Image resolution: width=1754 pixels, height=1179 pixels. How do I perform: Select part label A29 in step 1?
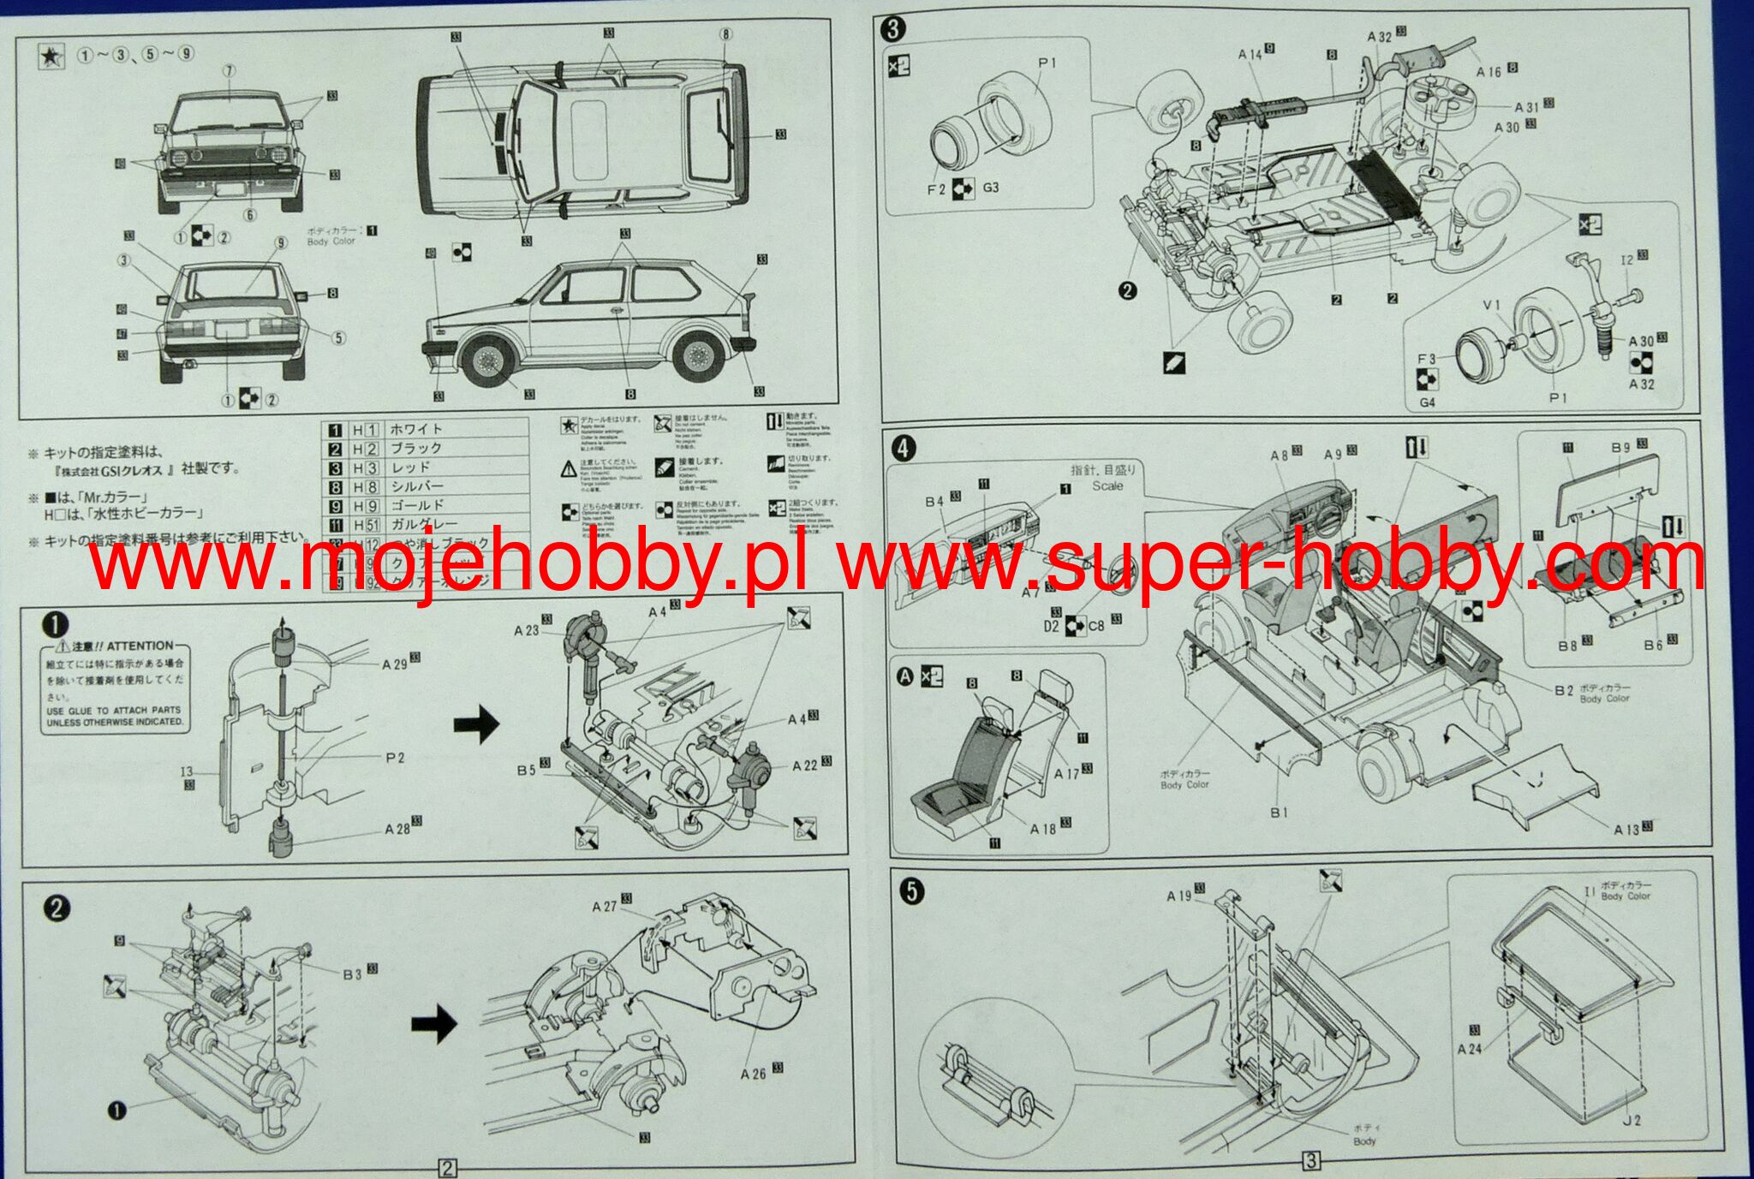click(395, 664)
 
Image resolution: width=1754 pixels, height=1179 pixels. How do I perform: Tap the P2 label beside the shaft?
click(395, 757)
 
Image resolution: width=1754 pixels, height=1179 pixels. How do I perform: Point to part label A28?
click(397, 828)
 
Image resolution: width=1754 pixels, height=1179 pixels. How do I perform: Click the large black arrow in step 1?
click(476, 724)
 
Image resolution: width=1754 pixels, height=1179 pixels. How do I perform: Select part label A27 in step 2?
click(605, 907)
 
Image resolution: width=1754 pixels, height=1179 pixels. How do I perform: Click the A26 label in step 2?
click(754, 1073)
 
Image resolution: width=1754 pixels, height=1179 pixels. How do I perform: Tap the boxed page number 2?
click(447, 1168)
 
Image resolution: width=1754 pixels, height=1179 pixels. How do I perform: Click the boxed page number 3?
click(1310, 1161)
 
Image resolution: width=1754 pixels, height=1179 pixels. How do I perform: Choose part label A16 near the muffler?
click(1489, 72)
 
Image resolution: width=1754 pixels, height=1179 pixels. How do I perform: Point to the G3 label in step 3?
click(991, 187)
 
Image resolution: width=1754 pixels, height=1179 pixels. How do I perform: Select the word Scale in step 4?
click(1107, 485)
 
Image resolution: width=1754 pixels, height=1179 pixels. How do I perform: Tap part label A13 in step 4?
click(1626, 829)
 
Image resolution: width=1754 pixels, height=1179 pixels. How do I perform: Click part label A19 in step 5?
click(1179, 896)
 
